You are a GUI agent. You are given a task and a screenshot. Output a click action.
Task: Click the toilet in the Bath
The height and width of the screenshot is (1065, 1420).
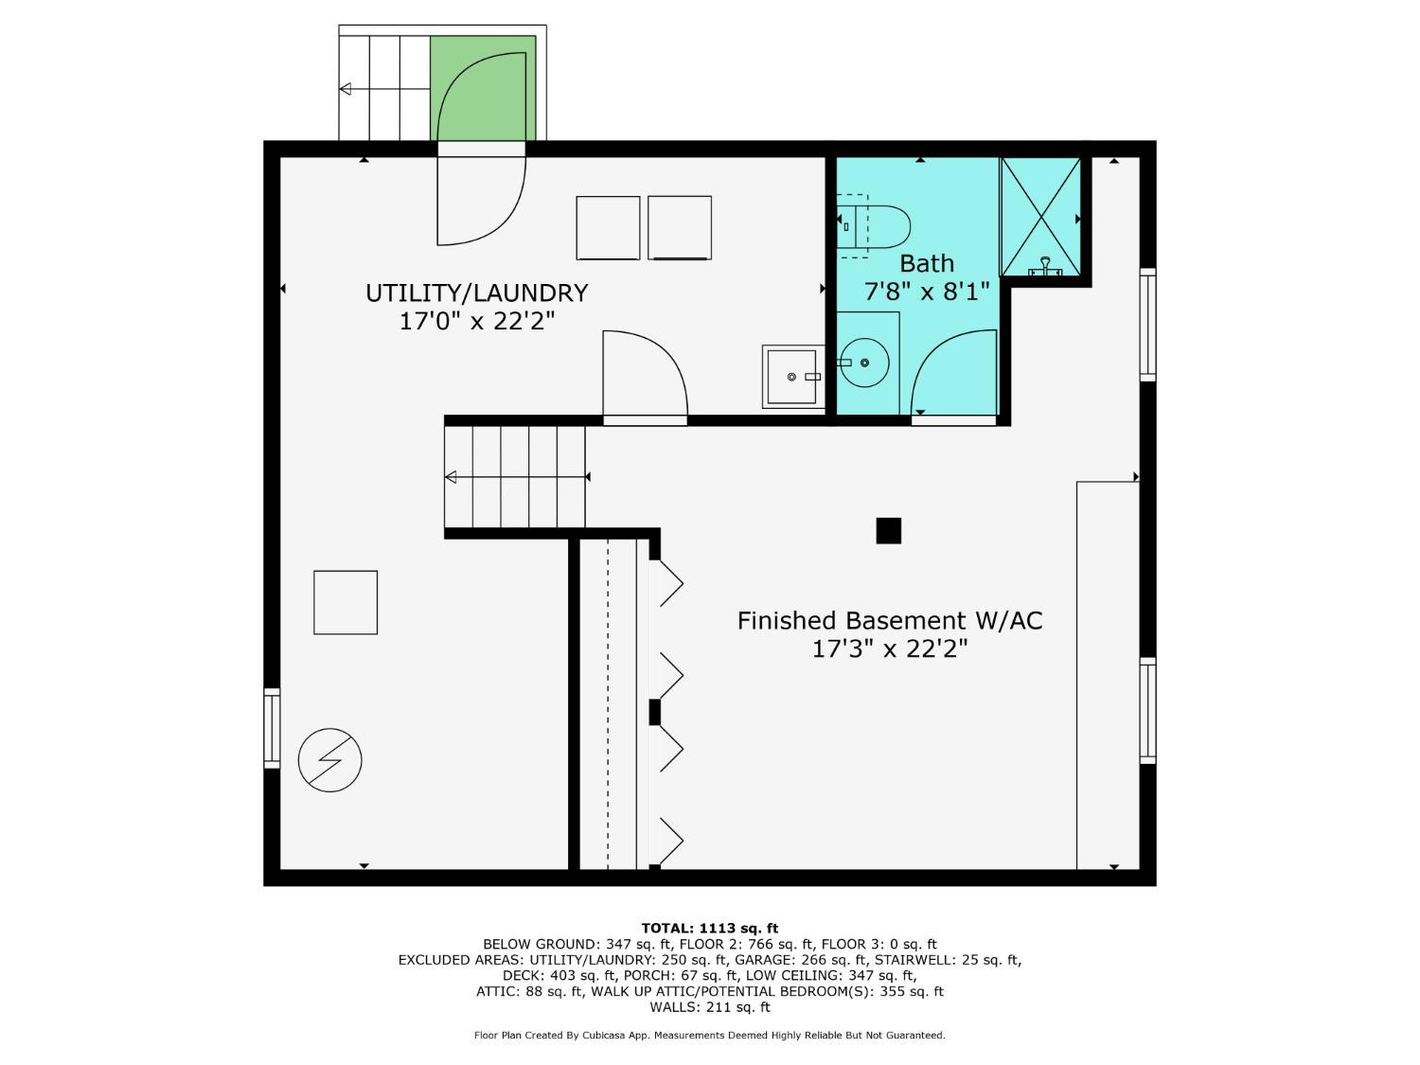(873, 227)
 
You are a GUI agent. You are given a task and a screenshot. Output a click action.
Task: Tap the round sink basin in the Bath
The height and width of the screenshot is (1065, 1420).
(864, 364)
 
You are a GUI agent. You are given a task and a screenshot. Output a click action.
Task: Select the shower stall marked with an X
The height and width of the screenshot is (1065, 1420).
(1040, 218)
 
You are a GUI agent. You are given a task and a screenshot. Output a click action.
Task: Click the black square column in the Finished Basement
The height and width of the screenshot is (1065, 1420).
(888, 530)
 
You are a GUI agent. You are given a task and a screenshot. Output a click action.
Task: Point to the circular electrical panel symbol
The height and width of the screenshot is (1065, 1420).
(330, 760)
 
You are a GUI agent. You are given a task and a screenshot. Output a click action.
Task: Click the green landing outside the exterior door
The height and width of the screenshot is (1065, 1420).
(483, 88)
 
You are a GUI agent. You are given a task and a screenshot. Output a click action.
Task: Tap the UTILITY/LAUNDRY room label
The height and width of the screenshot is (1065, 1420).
(477, 293)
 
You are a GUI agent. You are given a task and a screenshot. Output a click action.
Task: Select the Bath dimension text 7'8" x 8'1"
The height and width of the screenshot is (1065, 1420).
(927, 292)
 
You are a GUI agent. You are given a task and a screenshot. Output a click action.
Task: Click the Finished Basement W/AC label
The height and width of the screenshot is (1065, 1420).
(890, 620)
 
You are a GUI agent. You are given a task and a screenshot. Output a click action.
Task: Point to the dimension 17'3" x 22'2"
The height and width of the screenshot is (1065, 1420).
(890, 648)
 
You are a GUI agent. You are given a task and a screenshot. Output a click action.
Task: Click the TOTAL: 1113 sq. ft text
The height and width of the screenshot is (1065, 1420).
(710, 928)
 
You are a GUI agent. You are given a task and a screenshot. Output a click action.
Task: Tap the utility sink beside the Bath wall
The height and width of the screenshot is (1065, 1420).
(793, 377)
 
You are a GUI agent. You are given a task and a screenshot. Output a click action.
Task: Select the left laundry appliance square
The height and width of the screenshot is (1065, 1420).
(608, 227)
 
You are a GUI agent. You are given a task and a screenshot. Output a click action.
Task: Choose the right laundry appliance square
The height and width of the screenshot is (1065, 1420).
(680, 227)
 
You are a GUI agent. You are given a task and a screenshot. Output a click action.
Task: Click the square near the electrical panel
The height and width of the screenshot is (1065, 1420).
(346, 602)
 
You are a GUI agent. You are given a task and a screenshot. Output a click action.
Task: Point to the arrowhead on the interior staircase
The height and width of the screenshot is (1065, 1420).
(451, 477)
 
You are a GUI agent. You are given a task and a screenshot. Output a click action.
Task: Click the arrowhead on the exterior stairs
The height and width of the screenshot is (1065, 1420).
(346, 89)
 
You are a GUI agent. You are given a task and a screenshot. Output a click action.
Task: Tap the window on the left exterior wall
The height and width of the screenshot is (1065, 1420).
(272, 728)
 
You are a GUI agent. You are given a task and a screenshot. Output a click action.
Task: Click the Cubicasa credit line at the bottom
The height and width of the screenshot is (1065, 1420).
(710, 1036)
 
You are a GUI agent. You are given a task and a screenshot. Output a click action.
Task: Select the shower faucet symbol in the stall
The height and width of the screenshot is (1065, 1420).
(1045, 266)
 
